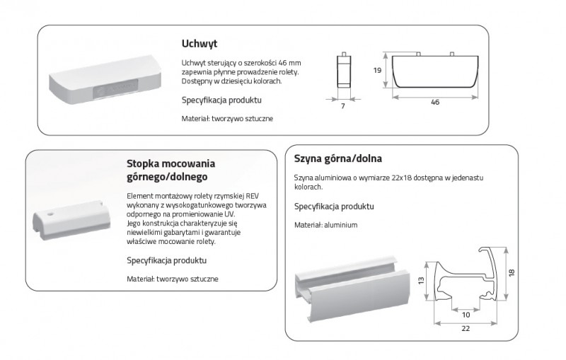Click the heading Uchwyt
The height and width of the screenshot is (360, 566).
click(200, 44)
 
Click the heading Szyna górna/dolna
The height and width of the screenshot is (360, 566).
click(338, 158)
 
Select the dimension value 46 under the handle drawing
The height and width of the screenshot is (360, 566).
click(435, 102)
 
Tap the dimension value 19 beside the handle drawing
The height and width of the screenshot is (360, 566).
click(377, 70)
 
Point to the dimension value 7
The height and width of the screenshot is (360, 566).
click(343, 105)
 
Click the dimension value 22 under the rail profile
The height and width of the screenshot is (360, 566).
click(466, 328)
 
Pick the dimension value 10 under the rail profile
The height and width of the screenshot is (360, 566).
click(466, 315)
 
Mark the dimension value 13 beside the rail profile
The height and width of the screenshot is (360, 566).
click(421, 280)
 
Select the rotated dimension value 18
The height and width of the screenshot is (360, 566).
click(512, 273)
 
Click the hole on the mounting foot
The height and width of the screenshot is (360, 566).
click(50, 214)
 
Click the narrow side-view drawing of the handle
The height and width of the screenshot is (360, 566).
click(344, 70)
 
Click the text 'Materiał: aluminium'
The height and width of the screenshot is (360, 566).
click(325, 225)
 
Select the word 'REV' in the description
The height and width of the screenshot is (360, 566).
click(253, 196)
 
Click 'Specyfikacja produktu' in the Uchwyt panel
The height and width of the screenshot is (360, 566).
click(221, 100)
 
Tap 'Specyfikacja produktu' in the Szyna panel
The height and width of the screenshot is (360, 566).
click(334, 207)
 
